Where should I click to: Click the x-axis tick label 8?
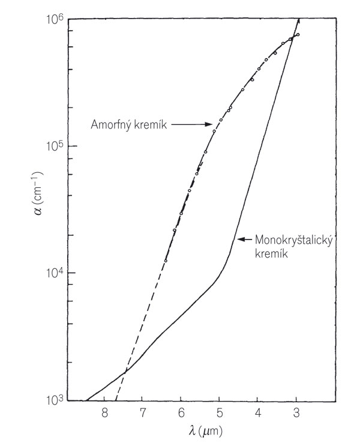tap(104, 414)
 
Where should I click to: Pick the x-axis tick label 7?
tap(142, 414)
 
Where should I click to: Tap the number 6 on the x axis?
tap(181, 414)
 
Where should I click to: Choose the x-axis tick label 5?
tap(219, 414)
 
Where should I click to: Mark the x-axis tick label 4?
tap(257, 414)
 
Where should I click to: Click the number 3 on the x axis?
tap(296, 414)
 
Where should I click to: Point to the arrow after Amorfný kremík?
tap(192, 125)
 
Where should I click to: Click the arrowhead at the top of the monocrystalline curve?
tap(298, 22)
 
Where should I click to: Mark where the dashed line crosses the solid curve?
tap(125, 372)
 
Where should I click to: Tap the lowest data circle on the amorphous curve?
tap(166, 260)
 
